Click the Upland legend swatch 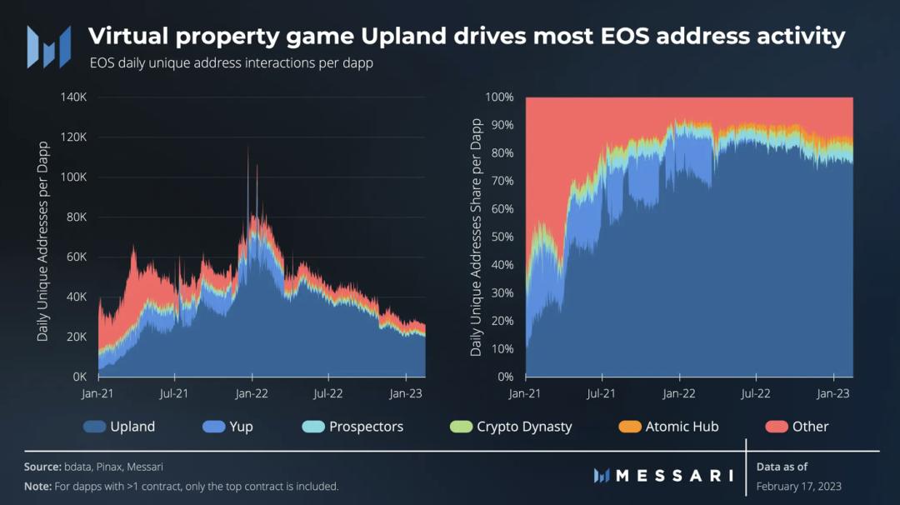[94, 427]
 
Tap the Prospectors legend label [366, 427]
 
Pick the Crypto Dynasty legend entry [523, 427]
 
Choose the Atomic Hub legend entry [682, 427]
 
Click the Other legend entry [810, 427]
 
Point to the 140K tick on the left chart [74, 97]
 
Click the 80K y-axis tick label [77, 217]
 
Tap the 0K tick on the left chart [80, 377]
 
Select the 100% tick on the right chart [499, 97]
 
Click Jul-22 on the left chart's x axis [327, 392]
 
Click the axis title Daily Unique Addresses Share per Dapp [477, 237]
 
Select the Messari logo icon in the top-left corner [48, 46]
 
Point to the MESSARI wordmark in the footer [674, 476]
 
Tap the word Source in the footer [42, 467]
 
